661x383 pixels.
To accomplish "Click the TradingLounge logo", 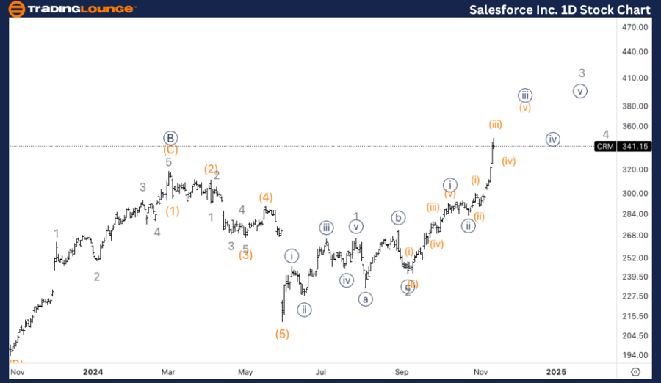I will click(x=71, y=9).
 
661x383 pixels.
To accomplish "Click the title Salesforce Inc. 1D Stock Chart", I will click(x=560, y=10).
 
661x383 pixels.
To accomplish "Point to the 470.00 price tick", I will click(x=634, y=27).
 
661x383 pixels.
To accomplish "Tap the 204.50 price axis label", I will click(x=634, y=335).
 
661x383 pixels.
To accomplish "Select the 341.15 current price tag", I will click(x=634, y=146).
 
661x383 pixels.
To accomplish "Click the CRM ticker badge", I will click(x=604, y=146).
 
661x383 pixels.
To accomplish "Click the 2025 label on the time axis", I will click(x=556, y=372).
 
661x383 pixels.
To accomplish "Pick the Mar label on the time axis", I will click(x=169, y=372).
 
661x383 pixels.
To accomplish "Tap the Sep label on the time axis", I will click(x=401, y=372).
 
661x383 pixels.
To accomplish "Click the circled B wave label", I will click(x=170, y=138).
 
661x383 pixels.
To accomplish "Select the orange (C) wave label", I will click(x=170, y=150).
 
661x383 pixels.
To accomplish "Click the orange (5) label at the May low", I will click(x=282, y=334).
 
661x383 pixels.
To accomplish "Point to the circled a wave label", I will click(x=364, y=299).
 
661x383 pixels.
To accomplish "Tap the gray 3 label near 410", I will click(x=582, y=73).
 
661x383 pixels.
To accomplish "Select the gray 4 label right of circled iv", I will click(x=606, y=134).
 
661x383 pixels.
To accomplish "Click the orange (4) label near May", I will click(x=266, y=197).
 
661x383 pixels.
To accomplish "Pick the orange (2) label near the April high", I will click(x=211, y=169).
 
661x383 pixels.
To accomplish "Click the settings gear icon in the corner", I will click(x=636, y=372).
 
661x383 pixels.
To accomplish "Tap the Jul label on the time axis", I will click(x=320, y=372).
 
